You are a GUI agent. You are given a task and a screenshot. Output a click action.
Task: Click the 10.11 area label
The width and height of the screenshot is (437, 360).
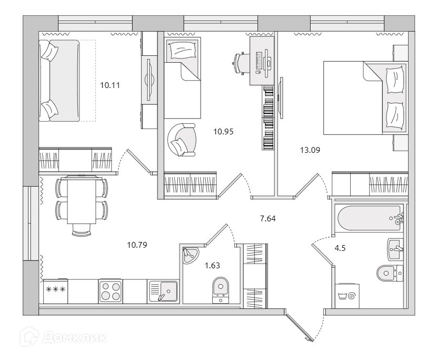click(x=110, y=84)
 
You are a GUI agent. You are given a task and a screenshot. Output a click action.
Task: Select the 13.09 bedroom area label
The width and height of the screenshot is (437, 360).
click(x=310, y=150)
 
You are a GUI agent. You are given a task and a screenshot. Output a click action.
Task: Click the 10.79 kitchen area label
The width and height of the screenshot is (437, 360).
click(x=137, y=245)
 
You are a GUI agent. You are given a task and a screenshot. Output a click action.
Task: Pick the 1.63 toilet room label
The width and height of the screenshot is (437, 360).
click(x=212, y=265)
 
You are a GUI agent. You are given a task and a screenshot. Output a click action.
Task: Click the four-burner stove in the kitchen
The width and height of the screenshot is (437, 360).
click(x=111, y=291)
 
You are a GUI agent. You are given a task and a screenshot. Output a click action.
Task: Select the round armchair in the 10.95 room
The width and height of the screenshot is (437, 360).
click(x=181, y=139)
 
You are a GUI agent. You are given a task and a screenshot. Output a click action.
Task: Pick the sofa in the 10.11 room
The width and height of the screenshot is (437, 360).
click(x=59, y=80)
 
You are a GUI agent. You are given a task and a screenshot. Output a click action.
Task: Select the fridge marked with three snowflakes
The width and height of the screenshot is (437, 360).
click(x=55, y=291)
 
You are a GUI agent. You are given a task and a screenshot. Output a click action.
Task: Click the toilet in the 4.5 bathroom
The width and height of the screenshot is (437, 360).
click(x=388, y=273)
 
